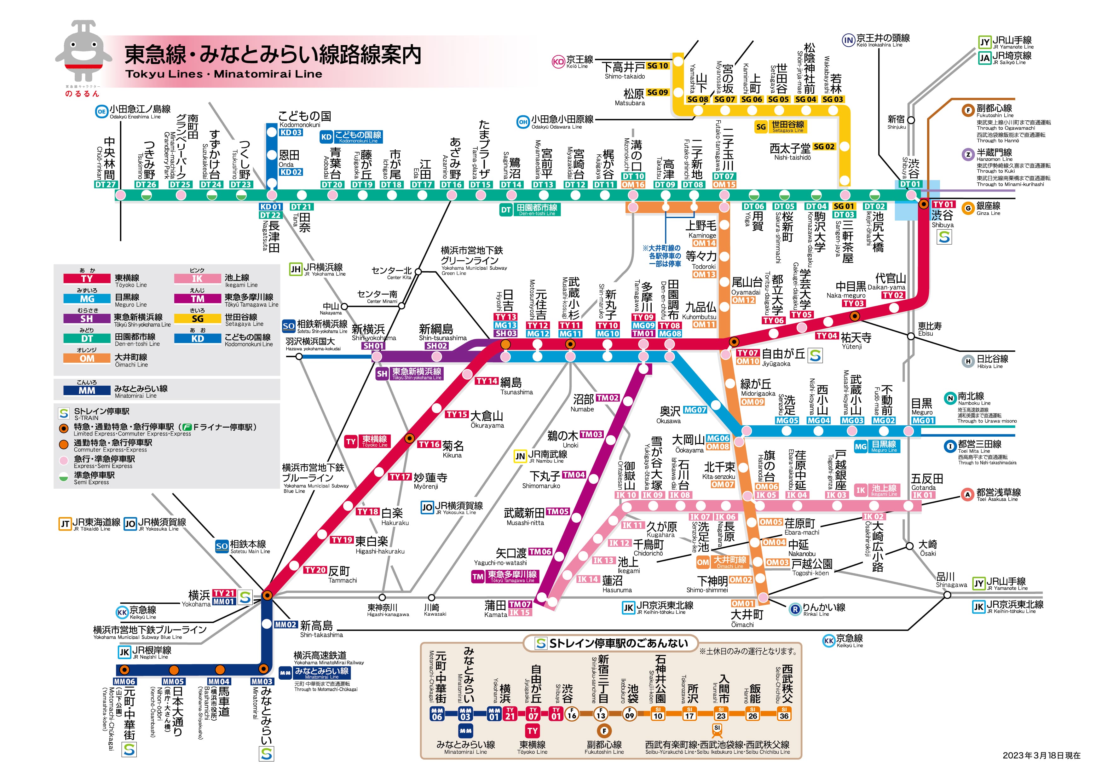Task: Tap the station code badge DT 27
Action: click(106, 184)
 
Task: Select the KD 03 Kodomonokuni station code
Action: click(291, 132)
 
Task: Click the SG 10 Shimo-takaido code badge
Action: click(658, 66)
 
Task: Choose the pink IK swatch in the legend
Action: click(197, 279)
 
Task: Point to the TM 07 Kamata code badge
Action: click(520, 604)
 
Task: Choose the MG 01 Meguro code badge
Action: click(923, 420)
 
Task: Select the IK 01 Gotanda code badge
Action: click(923, 495)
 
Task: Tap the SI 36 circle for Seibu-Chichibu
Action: click(784, 714)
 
